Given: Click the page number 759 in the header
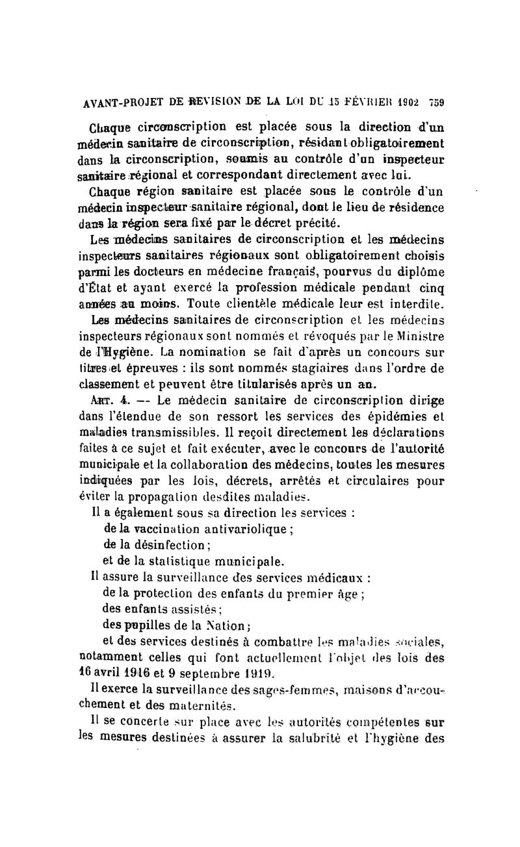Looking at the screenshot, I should (434, 103).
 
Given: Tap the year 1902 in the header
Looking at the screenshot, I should (408, 103).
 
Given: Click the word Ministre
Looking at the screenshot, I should (417, 337).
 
